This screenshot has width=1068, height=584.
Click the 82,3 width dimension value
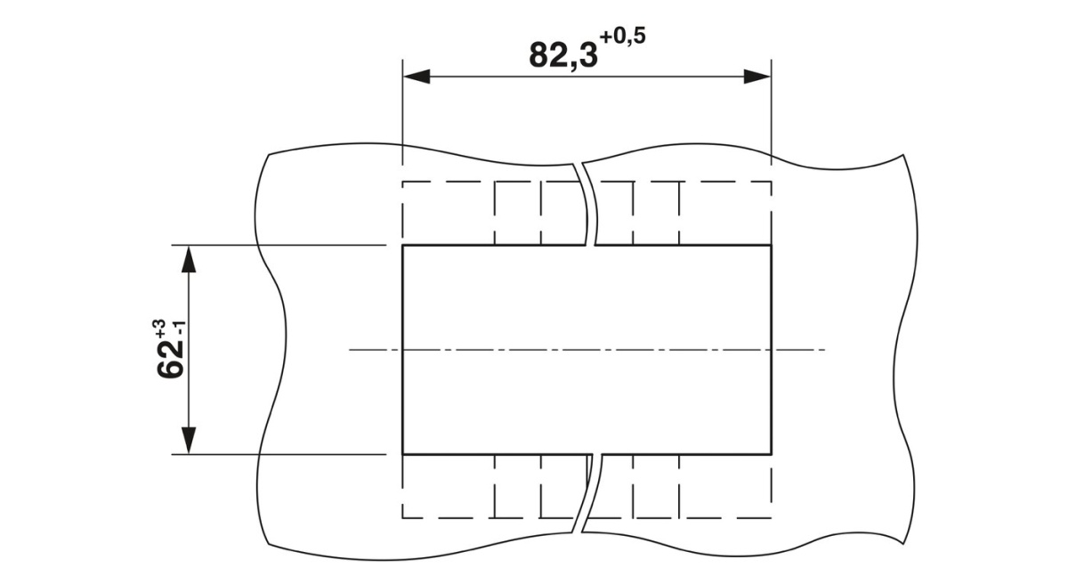pyautogui.click(x=563, y=56)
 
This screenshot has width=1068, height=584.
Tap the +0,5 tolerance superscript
pyautogui.click(x=623, y=37)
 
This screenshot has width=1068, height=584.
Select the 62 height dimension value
pyautogui.click(x=170, y=360)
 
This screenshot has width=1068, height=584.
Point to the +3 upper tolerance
pyautogui.click(x=159, y=329)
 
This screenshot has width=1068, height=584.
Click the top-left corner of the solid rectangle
pyautogui.click(x=403, y=246)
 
